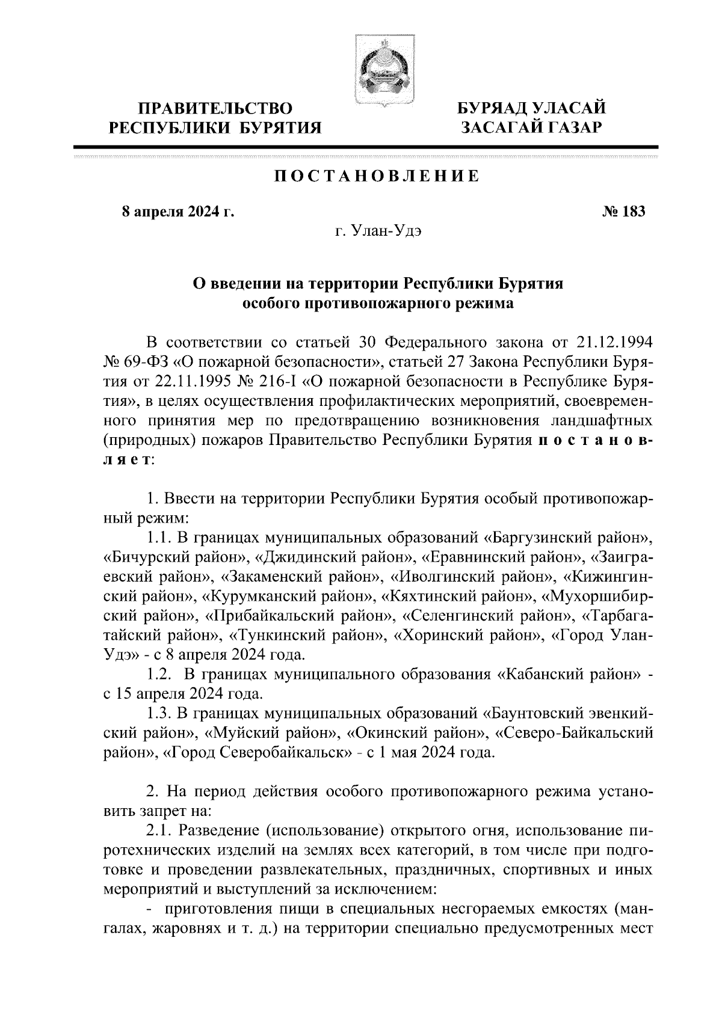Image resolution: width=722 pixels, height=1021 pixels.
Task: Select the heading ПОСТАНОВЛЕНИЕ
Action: tap(377, 177)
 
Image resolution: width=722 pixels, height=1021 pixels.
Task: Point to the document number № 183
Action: tap(623, 212)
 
